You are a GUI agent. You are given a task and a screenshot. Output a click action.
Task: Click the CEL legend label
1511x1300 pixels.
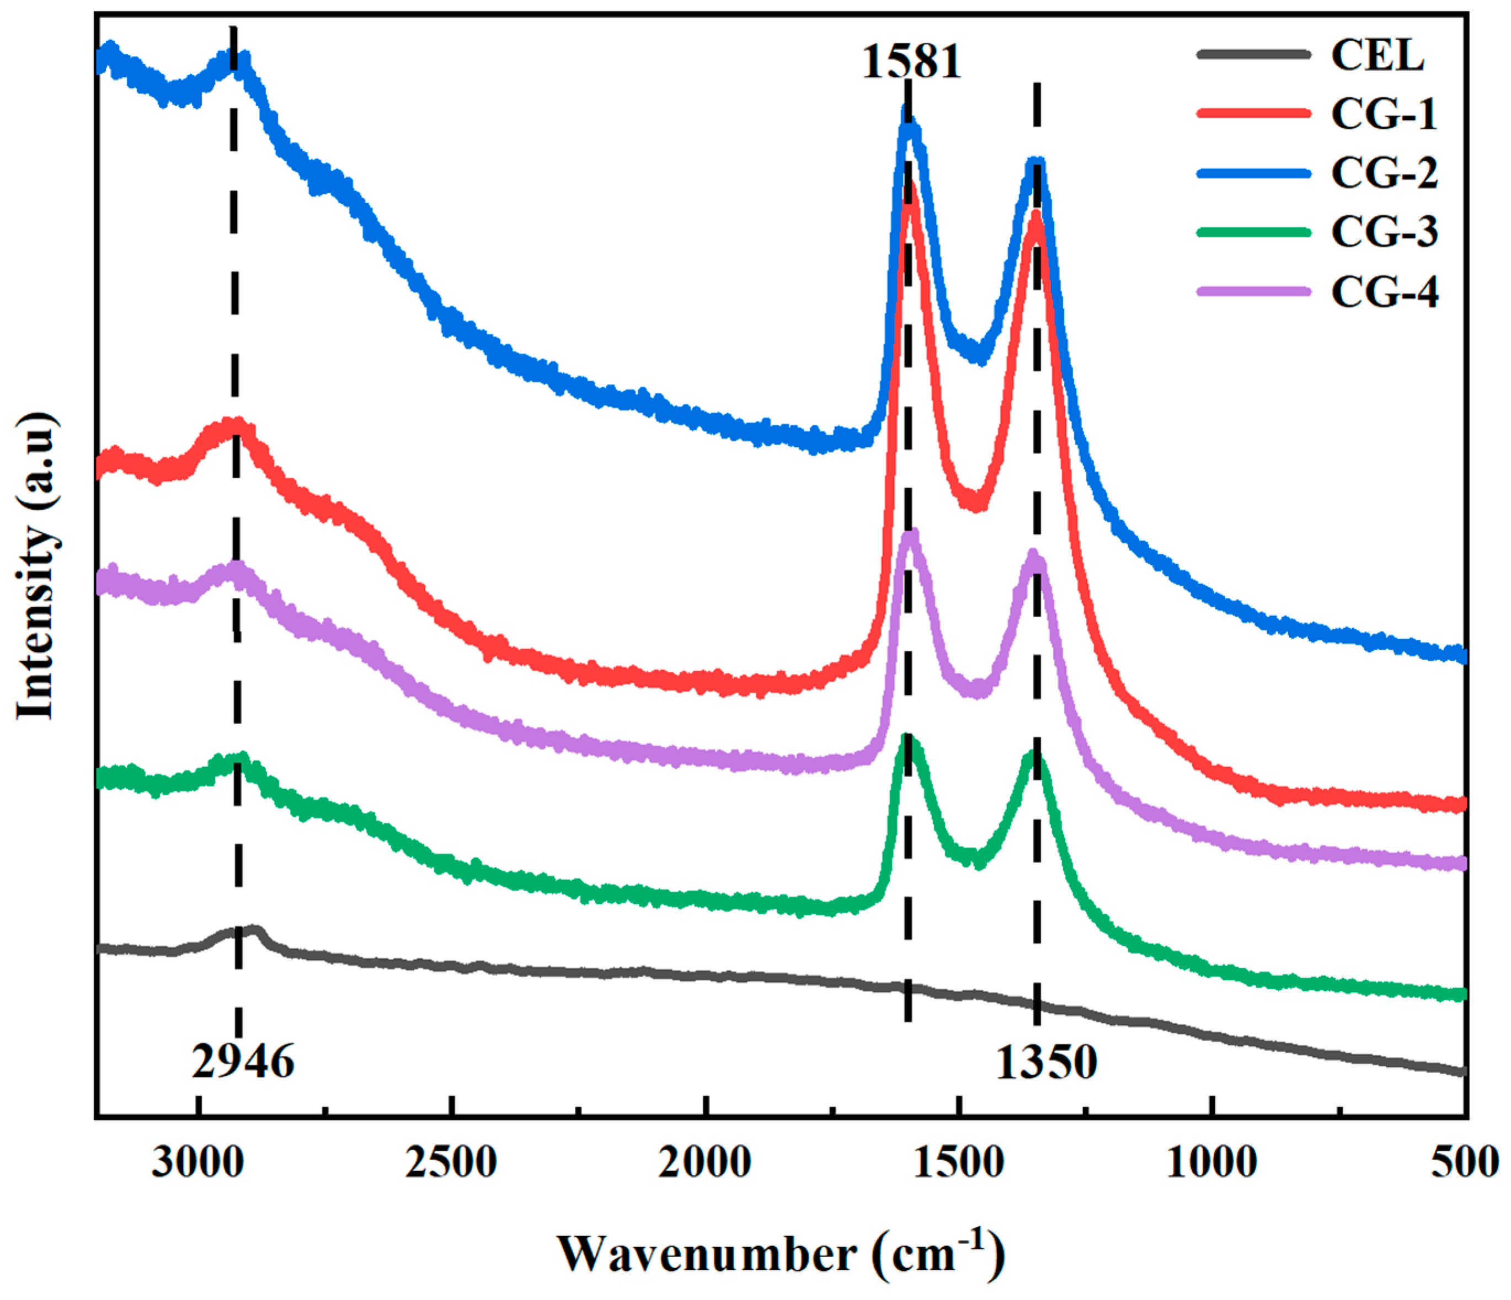tap(1377, 55)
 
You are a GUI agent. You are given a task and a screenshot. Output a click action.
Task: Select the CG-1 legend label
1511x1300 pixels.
tap(1384, 115)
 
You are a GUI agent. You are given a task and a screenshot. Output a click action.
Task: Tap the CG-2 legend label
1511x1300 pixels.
tap(1384, 174)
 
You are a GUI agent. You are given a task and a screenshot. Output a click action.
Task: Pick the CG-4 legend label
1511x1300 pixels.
tap(1384, 292)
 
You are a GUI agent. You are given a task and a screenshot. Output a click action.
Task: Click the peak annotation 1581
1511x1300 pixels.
tap(911, 61)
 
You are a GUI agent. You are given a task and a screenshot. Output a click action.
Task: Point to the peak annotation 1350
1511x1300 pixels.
tap(1047, 1063)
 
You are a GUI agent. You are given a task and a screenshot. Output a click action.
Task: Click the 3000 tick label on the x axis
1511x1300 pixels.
tap(197, 1162)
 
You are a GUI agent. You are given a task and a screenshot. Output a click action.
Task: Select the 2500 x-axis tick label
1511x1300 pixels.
tap(451, 1162)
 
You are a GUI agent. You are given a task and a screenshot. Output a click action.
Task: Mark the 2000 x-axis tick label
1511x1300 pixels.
tap(704, 1162)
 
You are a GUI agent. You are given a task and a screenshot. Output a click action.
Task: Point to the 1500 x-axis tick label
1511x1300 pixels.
tap(959, 1162)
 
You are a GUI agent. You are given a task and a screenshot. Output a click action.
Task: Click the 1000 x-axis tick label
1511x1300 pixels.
tap(1211, 1162)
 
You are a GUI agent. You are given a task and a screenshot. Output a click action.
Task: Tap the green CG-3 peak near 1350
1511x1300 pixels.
tap(1033, 758)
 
